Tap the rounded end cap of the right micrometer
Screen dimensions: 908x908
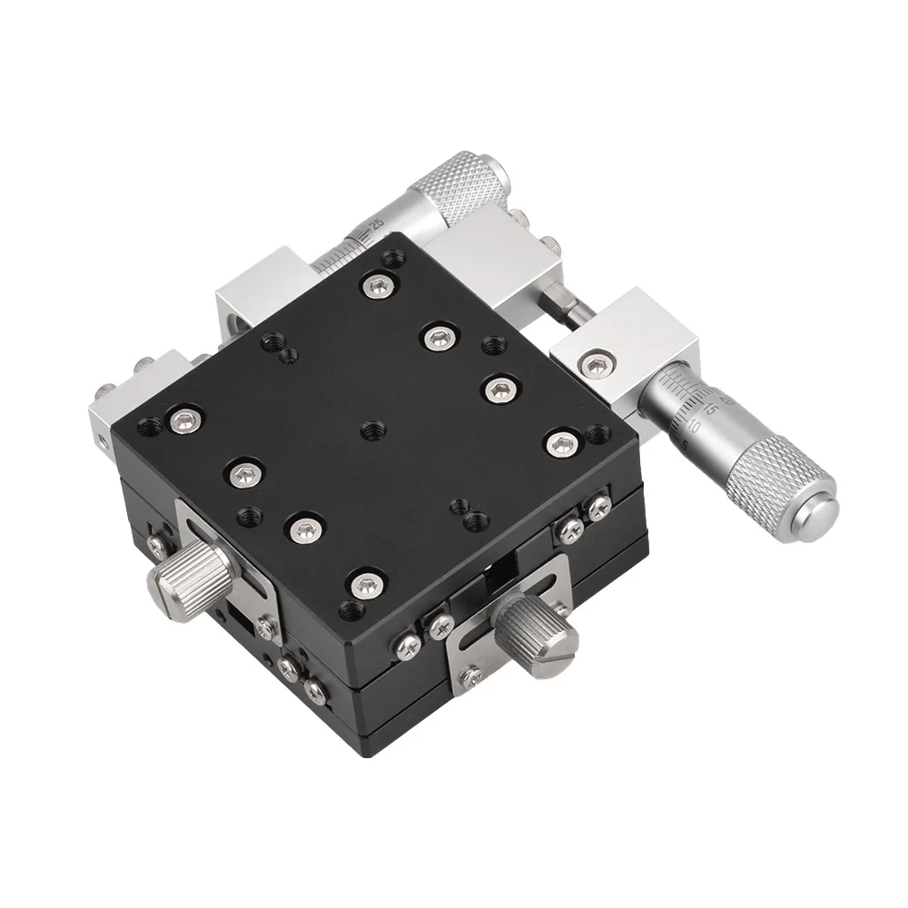point(811,516)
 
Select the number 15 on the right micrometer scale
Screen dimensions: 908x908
point(712,410)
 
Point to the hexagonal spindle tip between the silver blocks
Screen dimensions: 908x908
point(565,306)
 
